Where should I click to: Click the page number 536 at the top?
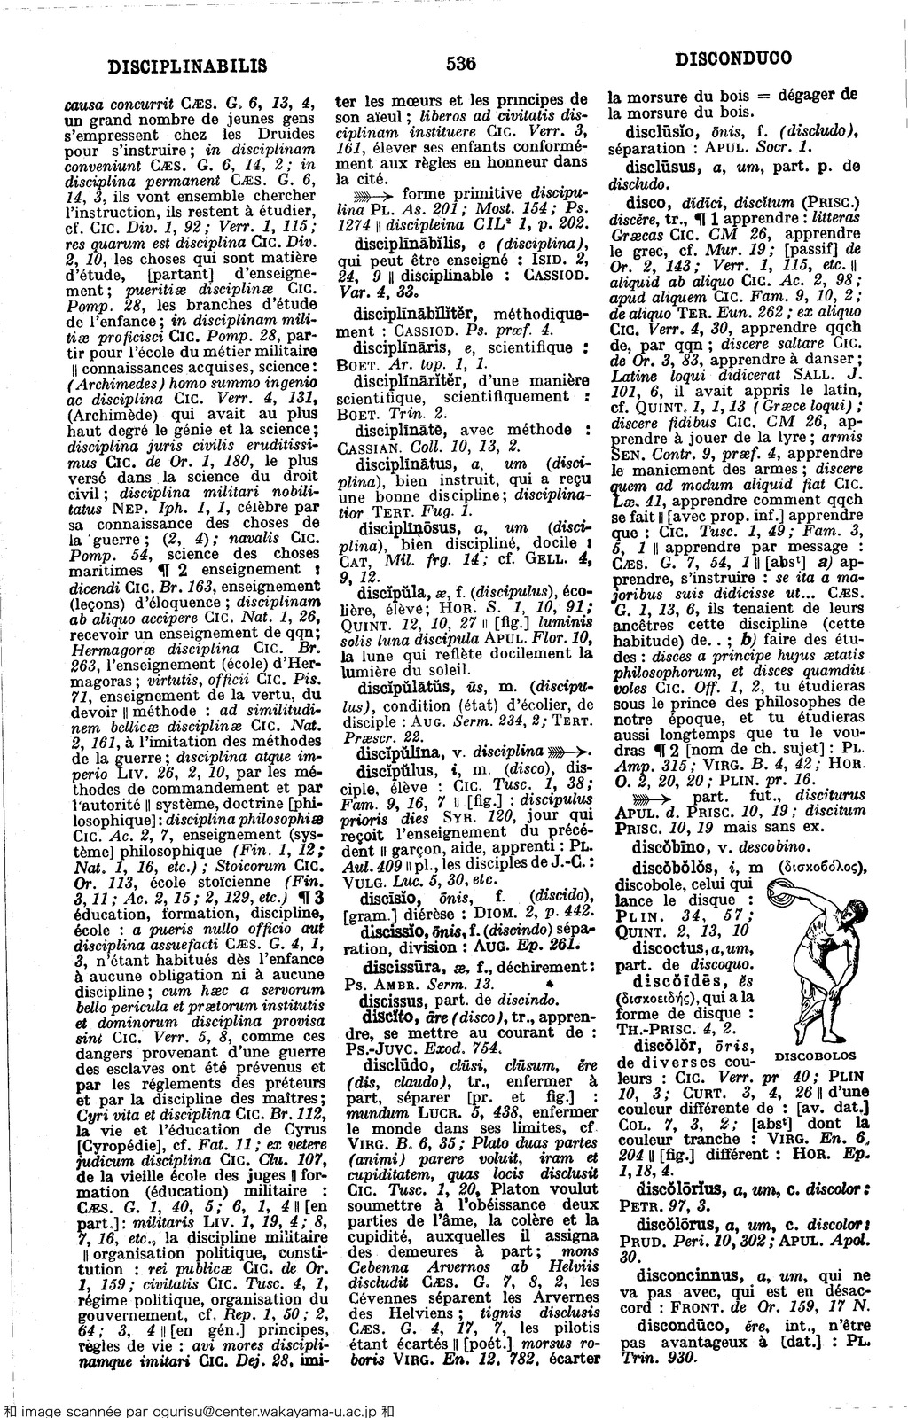(x=462, y=64)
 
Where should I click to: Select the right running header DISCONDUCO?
(x=732, y=61)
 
